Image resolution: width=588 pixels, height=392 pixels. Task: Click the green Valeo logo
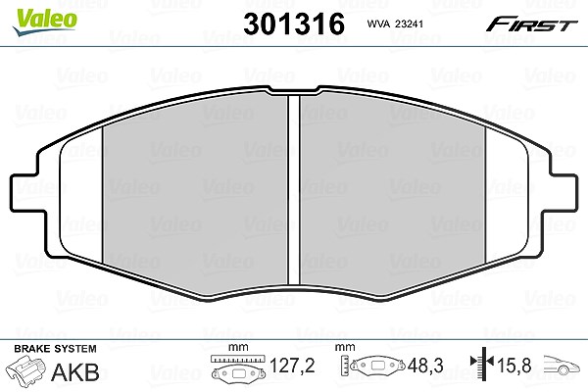44,22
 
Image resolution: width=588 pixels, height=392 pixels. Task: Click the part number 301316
294,24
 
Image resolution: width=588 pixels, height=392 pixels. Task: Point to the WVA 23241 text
395,24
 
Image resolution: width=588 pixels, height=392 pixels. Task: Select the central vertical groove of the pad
294,189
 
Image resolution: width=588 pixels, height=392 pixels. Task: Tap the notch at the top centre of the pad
294,90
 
